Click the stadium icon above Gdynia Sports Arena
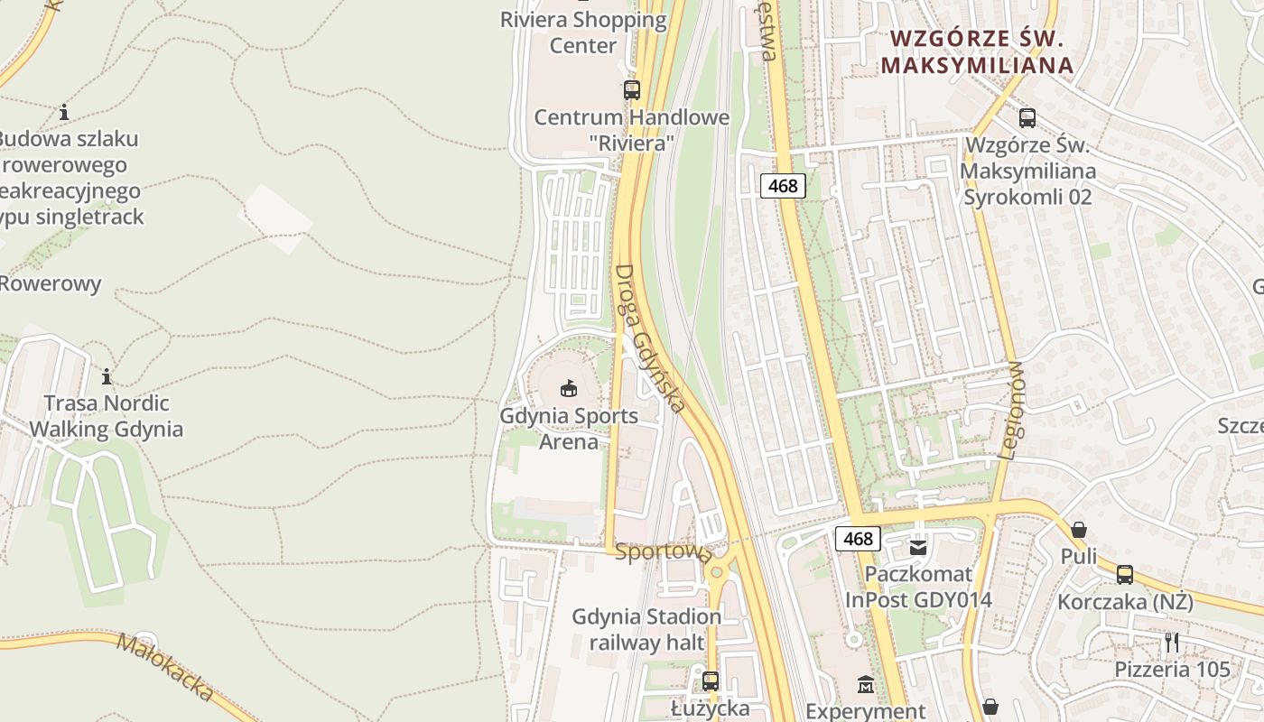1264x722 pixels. coord(568,389)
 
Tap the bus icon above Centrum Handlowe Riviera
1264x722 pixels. coord(631,90)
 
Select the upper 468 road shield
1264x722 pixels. coord(783,186)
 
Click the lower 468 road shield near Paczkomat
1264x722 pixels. coord(858,539)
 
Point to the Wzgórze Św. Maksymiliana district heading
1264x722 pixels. coord(978,51)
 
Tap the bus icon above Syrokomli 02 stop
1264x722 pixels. coord(1027,117)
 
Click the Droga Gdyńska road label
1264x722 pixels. coord(650,338)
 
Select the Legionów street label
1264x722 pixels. coord(1014,411)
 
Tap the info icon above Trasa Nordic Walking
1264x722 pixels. coord(107,376)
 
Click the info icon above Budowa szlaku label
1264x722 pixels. coord(64,113)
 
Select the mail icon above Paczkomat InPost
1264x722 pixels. coord(918,547)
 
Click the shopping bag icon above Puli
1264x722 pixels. coord(1078,530)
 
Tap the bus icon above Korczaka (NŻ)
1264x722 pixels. coord(1124,575)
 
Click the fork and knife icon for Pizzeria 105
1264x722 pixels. coord(1172,643)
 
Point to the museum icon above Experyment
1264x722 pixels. coord(865,685)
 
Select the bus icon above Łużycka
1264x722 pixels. coord(711,681)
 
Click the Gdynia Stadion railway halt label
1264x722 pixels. coord(646,629)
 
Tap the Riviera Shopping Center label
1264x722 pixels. coord(583,32)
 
